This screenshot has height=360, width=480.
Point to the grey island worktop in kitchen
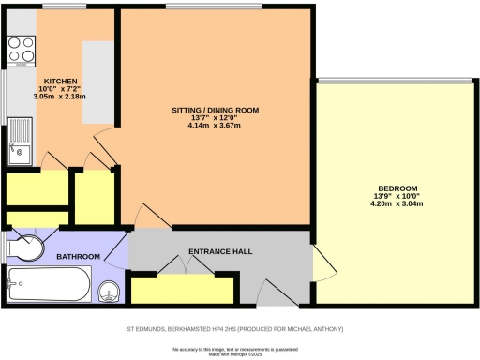point(97,82)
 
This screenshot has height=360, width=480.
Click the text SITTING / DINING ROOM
point(215,110)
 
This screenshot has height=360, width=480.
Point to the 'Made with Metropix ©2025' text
point(239,353)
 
